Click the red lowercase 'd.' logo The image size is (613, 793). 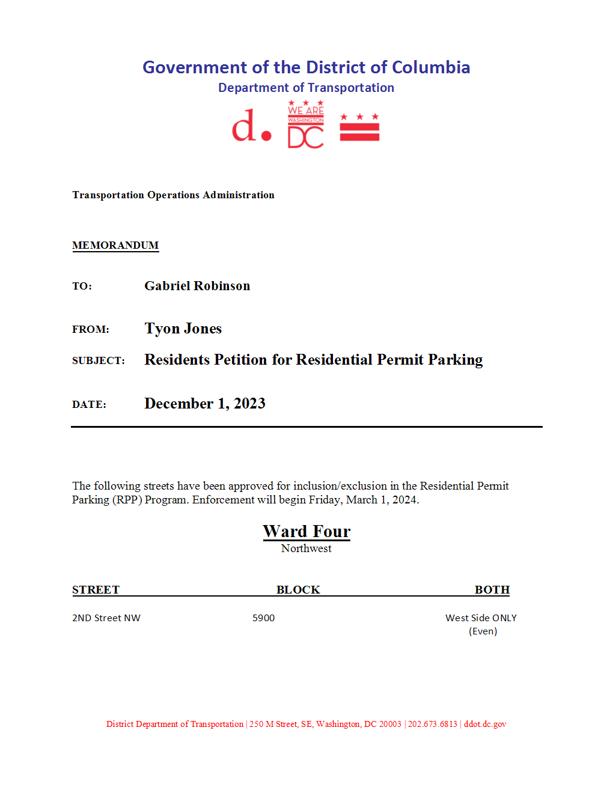click(x=251, y=126)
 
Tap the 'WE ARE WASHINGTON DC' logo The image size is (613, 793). click(x=305, y=125)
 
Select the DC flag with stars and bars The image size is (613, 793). click(x=359, y=127)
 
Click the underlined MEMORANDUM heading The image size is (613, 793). click(x=115, y=245)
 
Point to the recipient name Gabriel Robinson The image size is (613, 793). click(x=197, y=286)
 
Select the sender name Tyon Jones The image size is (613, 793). click(x=183, y=329)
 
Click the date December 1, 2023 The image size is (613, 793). click(x=205, y=403)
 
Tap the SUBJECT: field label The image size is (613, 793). click(x=99, y=360)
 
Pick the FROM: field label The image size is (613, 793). click(x=91, y=329)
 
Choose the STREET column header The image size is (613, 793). click(x=96, y=589)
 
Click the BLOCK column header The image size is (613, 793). click(x=298, y=589)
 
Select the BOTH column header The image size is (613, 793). click(x=492, y=589)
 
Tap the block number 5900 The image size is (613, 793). click(x=263, y=618)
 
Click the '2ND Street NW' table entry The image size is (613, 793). click(x=106, y=618)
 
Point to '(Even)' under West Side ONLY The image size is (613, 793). click(x=483, y=631)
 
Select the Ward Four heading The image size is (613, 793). click(x=306, y=531)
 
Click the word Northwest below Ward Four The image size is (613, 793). click(x=306, y=548)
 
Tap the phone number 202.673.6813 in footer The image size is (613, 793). click(x=433, y=724)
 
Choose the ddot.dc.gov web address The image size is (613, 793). click(x=485, y=724)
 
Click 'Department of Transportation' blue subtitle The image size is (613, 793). click(x=306, y=88)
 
